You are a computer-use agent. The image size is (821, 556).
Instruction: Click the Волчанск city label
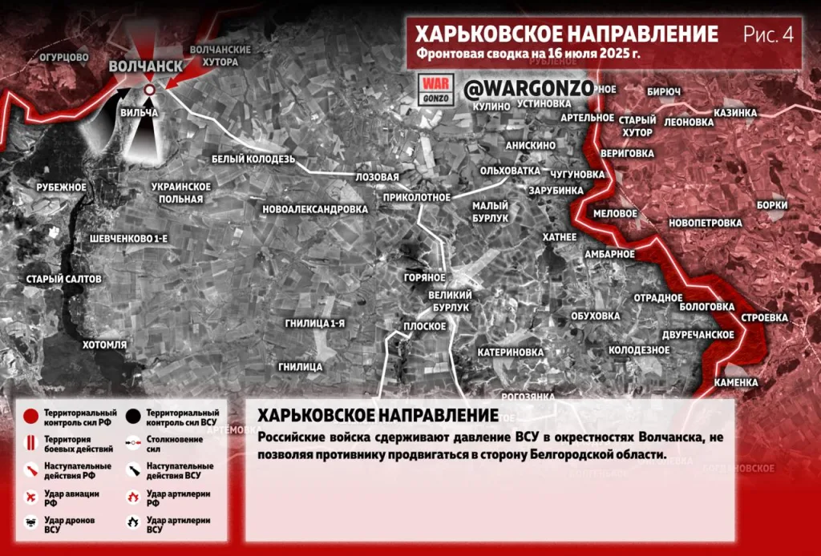pos(145,66)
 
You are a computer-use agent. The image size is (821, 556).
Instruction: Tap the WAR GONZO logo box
pos(438,89)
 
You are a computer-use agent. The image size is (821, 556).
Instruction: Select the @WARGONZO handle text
pos(525,87)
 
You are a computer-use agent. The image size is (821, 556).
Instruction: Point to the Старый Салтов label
pos(64,279)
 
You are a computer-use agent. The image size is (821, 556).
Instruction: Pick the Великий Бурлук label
pos(450,301)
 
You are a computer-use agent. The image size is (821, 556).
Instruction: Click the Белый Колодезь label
pos(253,159)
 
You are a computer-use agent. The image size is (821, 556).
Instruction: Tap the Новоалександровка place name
pos(315,209)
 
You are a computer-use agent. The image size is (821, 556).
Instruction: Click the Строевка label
pos(764,318)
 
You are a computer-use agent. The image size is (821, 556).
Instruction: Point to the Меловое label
pos(615,214)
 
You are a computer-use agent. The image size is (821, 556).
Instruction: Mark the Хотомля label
pos(105,344)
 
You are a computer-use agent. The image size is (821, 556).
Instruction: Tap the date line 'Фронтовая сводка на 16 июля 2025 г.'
pos(528,55)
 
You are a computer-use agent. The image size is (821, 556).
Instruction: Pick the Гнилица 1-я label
pos(314,323)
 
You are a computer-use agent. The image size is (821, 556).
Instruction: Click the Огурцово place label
pos(64,58)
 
